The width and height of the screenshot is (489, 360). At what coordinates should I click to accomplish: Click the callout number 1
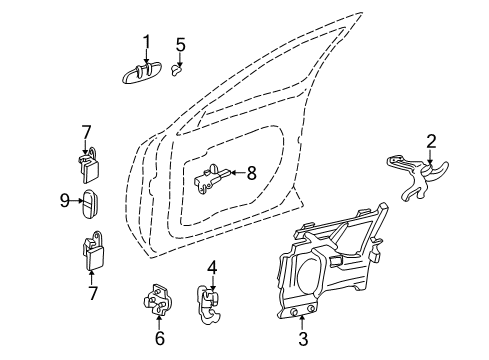coord(145,41)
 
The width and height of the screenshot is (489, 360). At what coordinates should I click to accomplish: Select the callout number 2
coord(431,141)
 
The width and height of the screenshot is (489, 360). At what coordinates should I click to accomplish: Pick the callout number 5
coord(180,44)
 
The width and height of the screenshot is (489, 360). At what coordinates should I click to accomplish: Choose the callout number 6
coord(159,340)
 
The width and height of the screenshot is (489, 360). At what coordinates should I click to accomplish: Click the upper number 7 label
coord(86,131)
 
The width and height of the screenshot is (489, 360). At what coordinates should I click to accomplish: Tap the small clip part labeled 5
coord(177,70)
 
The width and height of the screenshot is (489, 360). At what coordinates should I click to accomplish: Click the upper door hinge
coord(88,164)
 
